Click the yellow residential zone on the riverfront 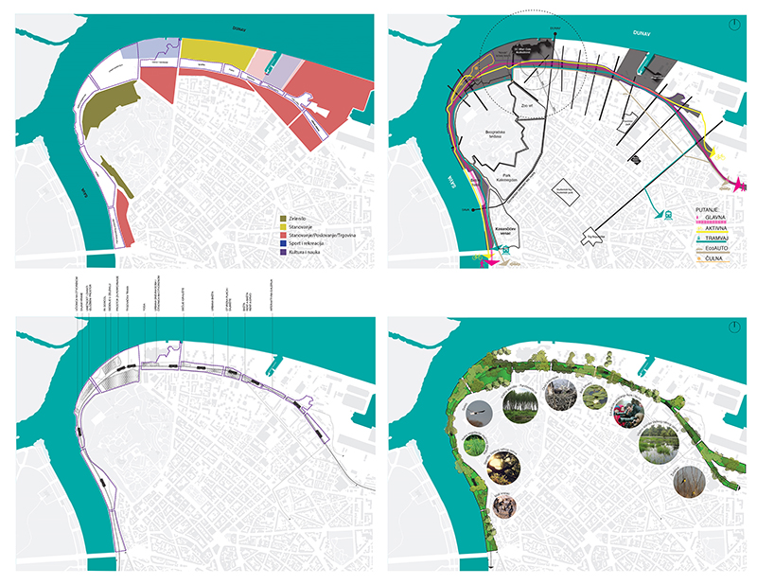(217, 54)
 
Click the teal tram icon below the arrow (667, 213)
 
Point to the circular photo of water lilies (657, 442)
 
